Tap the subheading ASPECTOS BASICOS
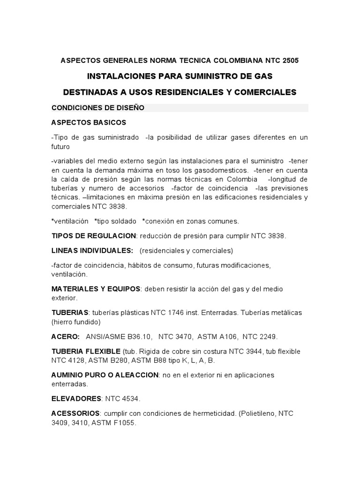(x=89, y=122)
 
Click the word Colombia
(x=240, y=179)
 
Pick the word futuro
(x=60, y=146)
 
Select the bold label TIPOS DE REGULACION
(x=93, y=235)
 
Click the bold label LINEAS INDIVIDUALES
(x=92, y=250)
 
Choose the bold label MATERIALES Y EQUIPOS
(x=96, y=289)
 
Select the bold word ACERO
(x=65, y=337)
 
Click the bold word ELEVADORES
(x=76, y=399)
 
